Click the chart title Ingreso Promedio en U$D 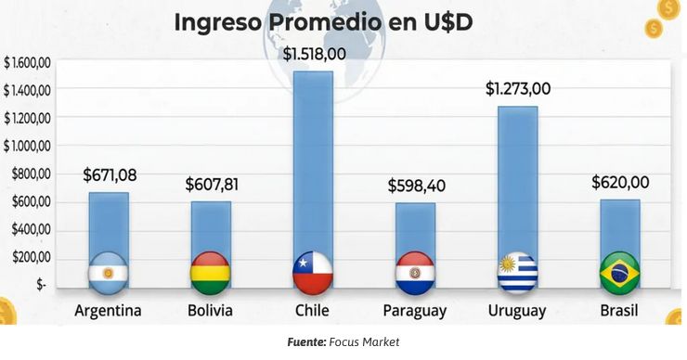[x=324, y=21]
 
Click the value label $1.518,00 [x=314, y=54]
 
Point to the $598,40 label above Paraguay [x=416, y=186]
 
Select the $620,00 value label [x=620, y=183]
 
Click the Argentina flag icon [x=109, y=271]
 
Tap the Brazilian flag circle [x=620, y=271]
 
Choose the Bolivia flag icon [x=211, y=271]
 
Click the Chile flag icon [x=313, y=271]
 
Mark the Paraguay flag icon [x=415, y=271]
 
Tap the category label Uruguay [x=517, y=311]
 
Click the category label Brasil [x=619, y=311]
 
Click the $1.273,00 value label [x=518, y=89]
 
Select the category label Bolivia [x=210, y=311]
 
